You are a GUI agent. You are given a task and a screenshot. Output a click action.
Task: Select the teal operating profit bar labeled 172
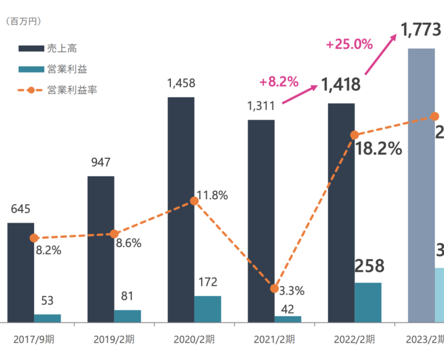click(208, 309)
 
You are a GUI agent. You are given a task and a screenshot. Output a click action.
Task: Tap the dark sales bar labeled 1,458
click(181, 210)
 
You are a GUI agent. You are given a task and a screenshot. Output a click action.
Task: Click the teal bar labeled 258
click(368, 302)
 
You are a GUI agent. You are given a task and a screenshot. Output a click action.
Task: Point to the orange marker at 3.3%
click(274, 289)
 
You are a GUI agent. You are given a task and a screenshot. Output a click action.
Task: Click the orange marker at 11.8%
click(194, 202)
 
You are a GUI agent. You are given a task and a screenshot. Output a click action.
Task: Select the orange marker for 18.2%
click(355, 135)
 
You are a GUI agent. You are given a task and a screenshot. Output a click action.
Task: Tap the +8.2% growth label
click(279, 82)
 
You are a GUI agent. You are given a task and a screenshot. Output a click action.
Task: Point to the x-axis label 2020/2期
click(194, 339)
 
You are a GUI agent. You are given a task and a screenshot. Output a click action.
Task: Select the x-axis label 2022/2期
click(355, 339)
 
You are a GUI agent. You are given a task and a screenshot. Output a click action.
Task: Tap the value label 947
click(101, 163)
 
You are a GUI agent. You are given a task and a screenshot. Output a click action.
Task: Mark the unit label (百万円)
click(23, 22)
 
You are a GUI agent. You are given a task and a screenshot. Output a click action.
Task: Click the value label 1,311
click(261, 106)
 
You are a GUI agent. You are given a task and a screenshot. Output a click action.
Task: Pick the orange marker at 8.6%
click(114, 234)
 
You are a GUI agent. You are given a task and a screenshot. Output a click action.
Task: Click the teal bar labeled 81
click(127, 316)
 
